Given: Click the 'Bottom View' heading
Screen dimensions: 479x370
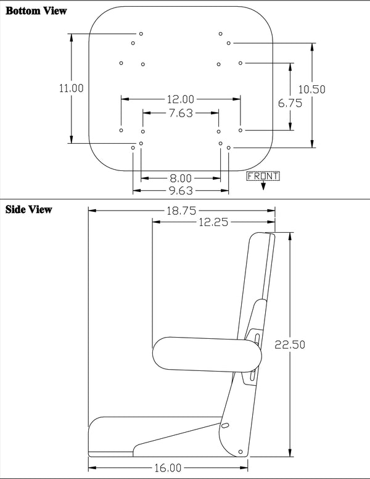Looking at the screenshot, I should point(35,11).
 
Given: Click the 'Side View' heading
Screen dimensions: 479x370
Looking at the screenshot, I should point(28,209).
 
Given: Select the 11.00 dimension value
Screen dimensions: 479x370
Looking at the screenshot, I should point(72,88).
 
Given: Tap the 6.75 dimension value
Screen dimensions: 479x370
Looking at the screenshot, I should point(290,104).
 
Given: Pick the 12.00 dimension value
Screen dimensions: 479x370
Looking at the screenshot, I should point(181,99).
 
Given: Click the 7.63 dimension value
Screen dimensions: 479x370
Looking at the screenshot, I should point(181,113).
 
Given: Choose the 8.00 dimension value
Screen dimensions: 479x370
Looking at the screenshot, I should point(181,178).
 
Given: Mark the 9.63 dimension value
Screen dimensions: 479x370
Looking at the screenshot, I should point(181,191).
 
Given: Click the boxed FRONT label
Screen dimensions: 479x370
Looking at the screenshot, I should point(263,176).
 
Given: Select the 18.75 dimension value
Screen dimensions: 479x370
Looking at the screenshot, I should point(181,210).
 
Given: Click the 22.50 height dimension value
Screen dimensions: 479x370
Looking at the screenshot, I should point(290,344).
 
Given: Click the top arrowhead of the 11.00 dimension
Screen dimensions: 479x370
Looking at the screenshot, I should point(73,36).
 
